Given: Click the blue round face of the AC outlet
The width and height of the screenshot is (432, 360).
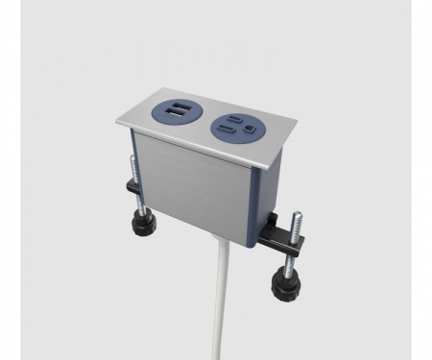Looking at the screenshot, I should (x=236, y=125).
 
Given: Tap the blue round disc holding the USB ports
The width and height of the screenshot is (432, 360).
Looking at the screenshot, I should (x=178, y=113).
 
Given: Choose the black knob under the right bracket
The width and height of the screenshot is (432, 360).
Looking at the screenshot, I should (x=284, y=284).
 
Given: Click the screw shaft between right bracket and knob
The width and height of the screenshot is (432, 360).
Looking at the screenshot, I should (x=285, y=261).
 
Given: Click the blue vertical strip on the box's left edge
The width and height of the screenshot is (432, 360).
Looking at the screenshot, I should (x=132, y=158).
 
